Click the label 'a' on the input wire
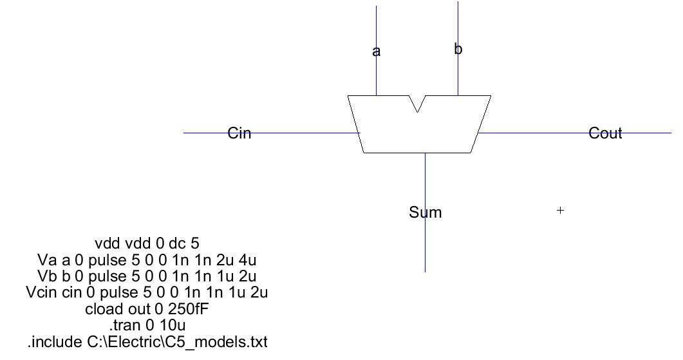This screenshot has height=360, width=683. tap(377, 52)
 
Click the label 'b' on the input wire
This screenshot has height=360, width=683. tap(458, 50)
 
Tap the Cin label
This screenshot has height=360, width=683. tap(239, 133)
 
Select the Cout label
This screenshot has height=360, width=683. tap(605, 133)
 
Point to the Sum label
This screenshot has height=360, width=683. tap(425, 213)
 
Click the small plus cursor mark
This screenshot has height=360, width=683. tap(560, 210)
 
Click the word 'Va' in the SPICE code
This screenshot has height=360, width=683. tap(48, 260)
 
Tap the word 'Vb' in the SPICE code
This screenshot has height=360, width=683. tap(48, 276)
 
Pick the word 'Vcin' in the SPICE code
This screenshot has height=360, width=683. tap(40, 292)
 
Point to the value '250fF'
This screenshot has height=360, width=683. tap(187, 309)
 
